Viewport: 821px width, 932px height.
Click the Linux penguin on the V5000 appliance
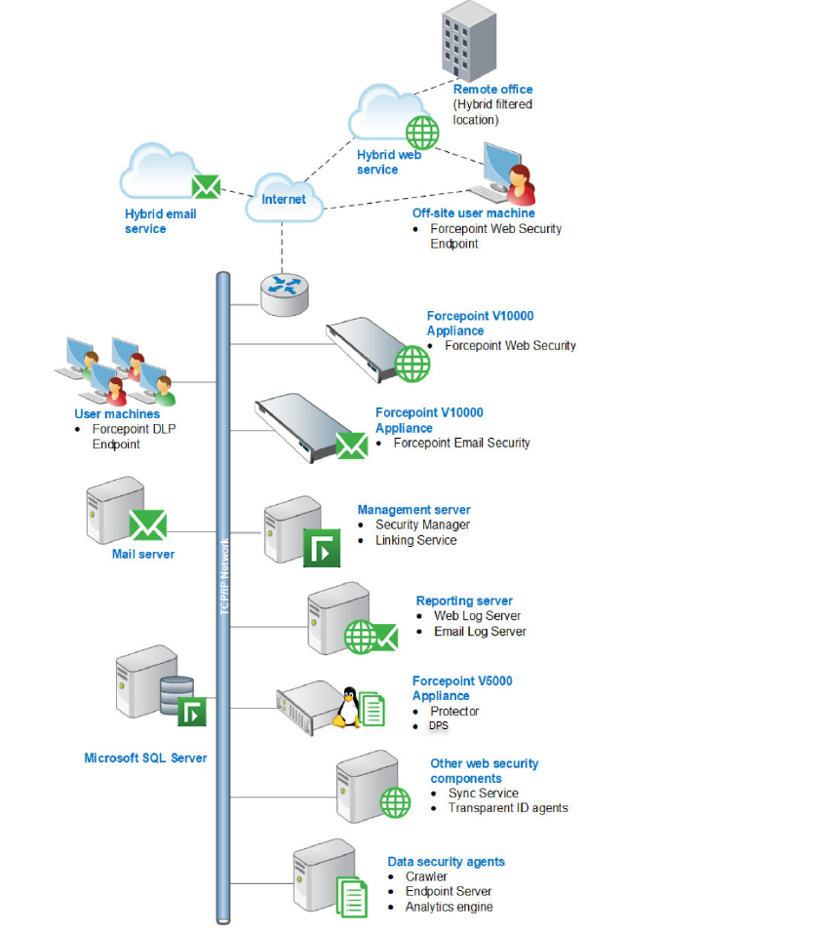[x=346, y=707]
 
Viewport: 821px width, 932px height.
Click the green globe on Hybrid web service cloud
[x=422, y=132]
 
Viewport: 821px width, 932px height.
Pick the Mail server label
[x=143, y=554]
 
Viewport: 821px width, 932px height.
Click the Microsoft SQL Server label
[x=145, y=757]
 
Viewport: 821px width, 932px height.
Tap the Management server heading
[x=413, y=510]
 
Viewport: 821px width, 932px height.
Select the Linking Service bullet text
[x=415, y=540]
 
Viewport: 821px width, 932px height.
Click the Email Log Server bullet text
[x=480, y=632]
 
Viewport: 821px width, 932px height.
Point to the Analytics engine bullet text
[x=449, y=907]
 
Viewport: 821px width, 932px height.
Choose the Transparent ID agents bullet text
[x=507, y=807]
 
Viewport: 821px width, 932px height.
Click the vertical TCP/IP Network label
[x=223, y=575]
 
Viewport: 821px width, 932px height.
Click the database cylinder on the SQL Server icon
[x=176, y=695]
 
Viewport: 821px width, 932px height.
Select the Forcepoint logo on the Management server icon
[x=321, y=549]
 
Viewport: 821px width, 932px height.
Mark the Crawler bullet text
[x=426, y=876]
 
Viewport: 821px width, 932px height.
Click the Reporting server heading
[x=464, y=602]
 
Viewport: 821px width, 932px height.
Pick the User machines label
[x=117, y=414]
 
